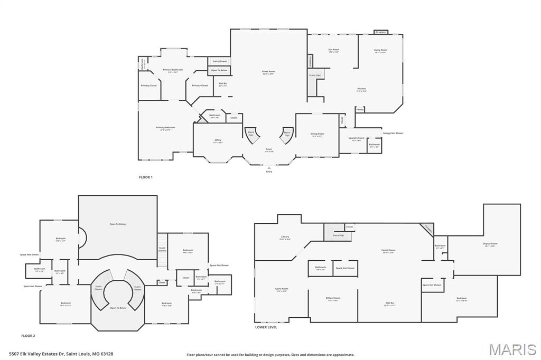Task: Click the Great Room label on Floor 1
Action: tap(268, 71)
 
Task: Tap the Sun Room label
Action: tap(333, 50)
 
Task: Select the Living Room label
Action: tap(380, 50)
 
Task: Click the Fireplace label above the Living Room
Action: tap(380, 32)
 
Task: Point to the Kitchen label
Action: tap(361, 89)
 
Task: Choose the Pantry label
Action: tap(360, 109)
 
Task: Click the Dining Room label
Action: tap(317, 134)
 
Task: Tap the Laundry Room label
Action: tap(357, 138)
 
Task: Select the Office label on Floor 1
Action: tap(218, 140)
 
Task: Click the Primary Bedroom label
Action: tap(165, 127)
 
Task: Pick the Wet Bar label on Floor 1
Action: tap(222, 83)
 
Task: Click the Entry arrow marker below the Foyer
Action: tap(269, 168)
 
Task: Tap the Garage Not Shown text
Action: tap(393, 133)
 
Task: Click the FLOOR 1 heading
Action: tap(146, 177)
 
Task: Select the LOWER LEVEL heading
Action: tap(266, 327)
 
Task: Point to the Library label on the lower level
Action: tap(285, 237)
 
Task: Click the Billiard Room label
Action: tap(333, 298)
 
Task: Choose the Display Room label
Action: tap(490, 244)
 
